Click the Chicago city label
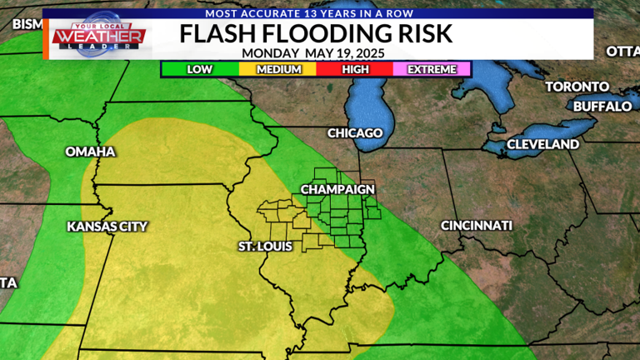coord(355,133)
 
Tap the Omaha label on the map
coord(90,152)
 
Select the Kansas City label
coord(107,226)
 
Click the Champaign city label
coord(337,190)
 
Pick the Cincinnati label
coord(477,226)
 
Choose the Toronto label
coord(577,87)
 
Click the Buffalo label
coord(602,107)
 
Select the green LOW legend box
coord(200,69)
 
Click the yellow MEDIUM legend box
coord(278,69)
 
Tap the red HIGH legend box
coord(355,69)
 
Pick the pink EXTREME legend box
coord(432,69)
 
